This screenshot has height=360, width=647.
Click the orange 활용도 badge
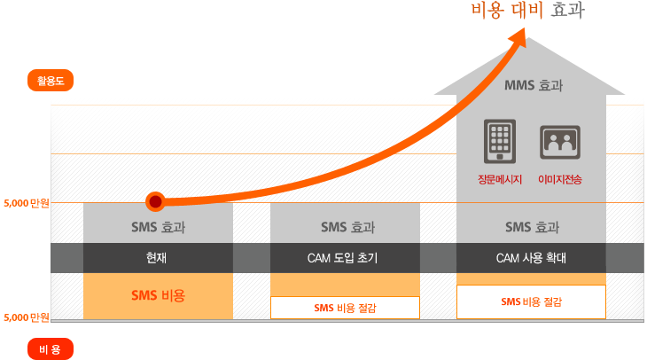pos(51,80)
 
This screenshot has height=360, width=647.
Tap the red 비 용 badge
pos(51,349)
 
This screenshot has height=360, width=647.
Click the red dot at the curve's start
pos(156,202)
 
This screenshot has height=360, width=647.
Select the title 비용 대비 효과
pos(527,11)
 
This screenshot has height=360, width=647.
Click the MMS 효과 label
pos(534,85)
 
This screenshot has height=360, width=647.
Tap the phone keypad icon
pos(500,141)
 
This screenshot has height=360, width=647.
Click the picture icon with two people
pos(560,143)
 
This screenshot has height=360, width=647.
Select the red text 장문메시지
pos(500,180)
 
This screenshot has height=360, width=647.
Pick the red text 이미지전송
pos(560,180)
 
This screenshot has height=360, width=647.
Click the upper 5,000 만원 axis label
pos(27,203)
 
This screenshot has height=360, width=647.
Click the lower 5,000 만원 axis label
pos(27,317)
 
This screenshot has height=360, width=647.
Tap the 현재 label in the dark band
pos(156,258)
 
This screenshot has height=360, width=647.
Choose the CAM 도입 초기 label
pos(342,258)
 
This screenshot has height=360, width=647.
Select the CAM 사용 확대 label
pos(531,258)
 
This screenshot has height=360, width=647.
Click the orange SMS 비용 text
pos(158,295)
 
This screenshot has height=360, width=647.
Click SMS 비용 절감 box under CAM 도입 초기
pos(345,308)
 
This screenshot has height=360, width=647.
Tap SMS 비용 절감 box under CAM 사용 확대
pos(531,301)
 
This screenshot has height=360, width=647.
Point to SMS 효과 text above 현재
pos(158,227)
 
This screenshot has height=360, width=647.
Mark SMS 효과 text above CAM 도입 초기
pos(347,227)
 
